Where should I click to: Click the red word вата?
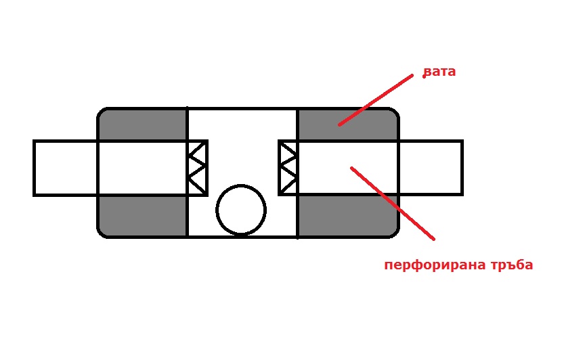(x=439, y=72)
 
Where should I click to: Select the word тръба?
(x=512, y=265)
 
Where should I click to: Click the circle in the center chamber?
(x=241, y=210)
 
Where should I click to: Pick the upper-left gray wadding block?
(x=142, y=125)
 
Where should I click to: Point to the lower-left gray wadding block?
(x=142, y=216)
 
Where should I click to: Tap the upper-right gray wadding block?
(x=348, y=125)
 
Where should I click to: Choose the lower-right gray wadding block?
(x=348, y=216)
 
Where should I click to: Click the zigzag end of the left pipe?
(x=197, y=168)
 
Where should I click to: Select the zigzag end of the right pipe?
(x=288, y=168)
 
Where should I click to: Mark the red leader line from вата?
(x=376, y=100)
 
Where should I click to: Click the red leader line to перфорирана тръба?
(x=393, y=203)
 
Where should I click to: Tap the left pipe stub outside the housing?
(x=65, y=168)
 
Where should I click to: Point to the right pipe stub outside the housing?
(x=431, y=168)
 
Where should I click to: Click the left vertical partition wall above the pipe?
(x=187, y=124)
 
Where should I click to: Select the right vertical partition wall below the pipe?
(x=298, y=217)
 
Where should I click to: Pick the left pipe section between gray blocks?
(x=142, y=168)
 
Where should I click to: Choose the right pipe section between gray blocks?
(x=348, y=168)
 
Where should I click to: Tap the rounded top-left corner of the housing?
(x=102, y=112)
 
